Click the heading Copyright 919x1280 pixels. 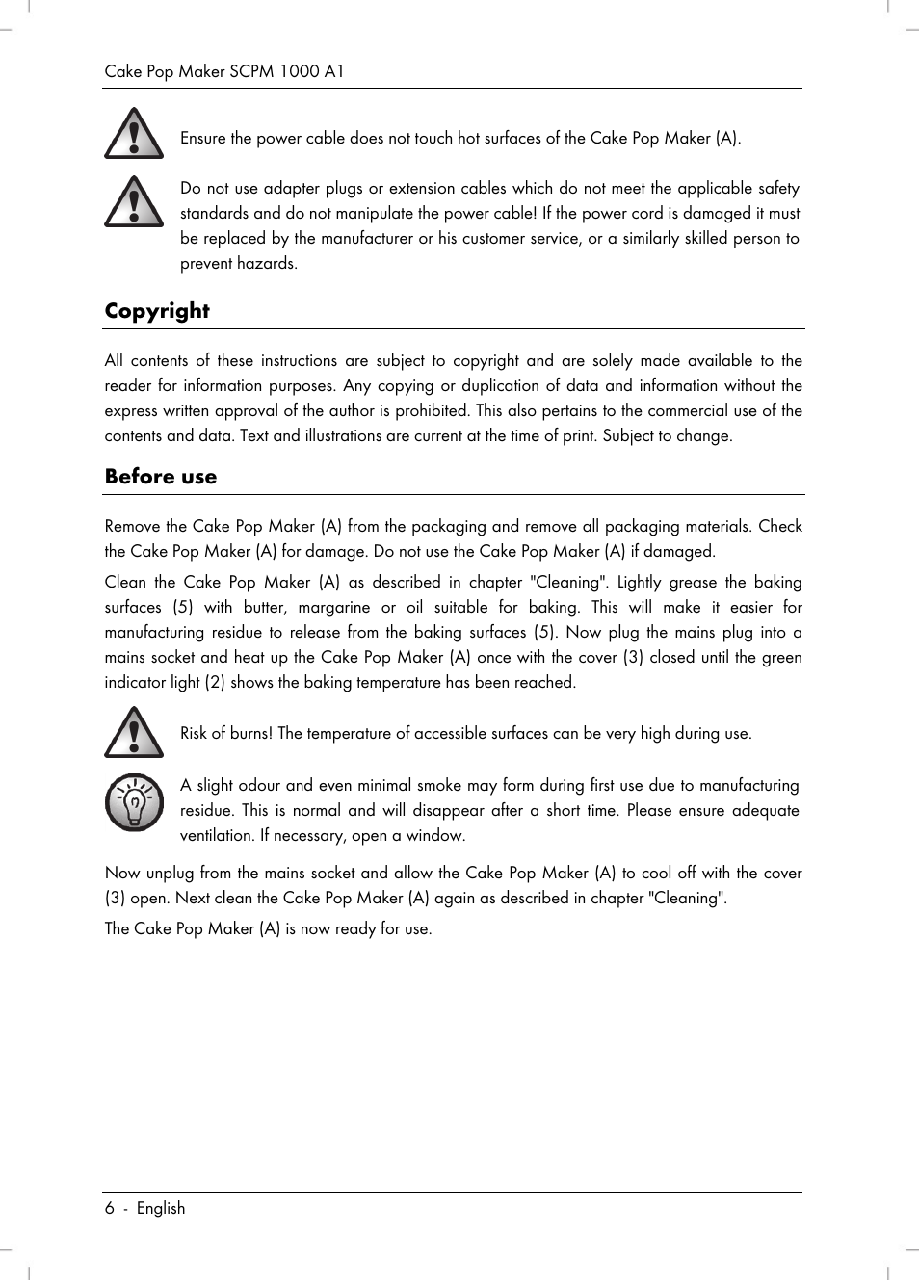coord(157,311)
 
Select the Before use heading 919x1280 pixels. coord(161,477)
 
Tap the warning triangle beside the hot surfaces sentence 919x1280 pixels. coord(134,134)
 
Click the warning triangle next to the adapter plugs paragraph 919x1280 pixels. coord(134,202)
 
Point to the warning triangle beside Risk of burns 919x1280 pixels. coord(134,733)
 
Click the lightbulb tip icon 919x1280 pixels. coord(134,802)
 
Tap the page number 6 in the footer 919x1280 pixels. coord(110,1208)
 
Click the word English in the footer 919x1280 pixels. coord(161,1208)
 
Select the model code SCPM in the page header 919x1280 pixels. coord(251,71)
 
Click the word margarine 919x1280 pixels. coord(333,608)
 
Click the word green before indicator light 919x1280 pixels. coord(781,658)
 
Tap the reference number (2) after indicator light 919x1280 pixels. coord(214,683)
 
